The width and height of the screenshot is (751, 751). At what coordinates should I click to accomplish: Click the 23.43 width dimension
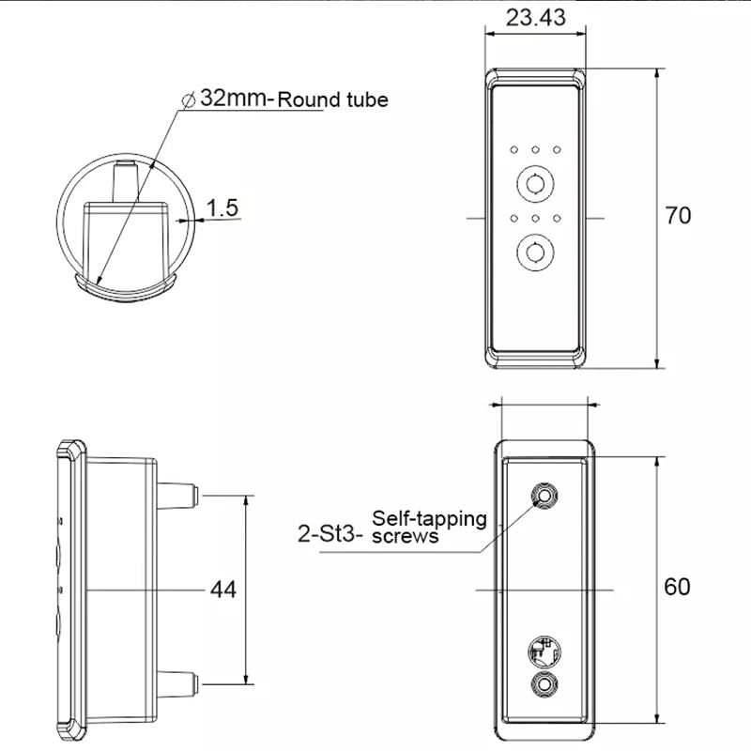(534, 18)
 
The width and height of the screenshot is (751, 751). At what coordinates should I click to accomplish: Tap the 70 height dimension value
(678, 216)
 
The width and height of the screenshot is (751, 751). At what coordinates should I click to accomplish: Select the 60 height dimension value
(677, 587)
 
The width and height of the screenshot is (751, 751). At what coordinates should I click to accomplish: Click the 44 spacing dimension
(222, 590)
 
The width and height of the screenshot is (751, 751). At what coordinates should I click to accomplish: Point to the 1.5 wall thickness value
(222, 207)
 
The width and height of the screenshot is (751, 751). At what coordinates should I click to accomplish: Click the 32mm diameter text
(233, 98)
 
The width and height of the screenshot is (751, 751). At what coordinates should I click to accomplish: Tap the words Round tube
(332, 100)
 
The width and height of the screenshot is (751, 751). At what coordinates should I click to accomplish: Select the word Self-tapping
(430, 518)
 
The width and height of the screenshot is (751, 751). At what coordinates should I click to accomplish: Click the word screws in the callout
(406, 537)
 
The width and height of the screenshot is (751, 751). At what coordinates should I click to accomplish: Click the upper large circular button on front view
(535, 182)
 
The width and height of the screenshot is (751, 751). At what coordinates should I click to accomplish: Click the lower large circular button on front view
(535, 251)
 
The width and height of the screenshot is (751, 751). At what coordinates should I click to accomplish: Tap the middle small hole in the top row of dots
(535, 149)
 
